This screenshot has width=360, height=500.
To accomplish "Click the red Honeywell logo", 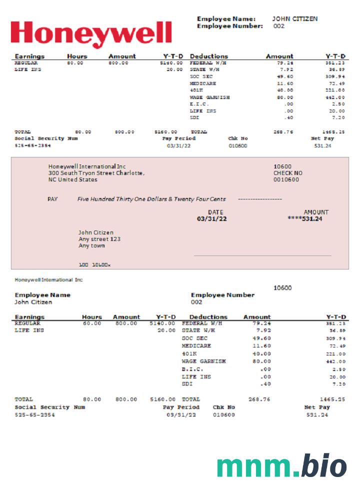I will (91, 33).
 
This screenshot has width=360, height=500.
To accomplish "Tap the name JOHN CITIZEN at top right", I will (294, 19).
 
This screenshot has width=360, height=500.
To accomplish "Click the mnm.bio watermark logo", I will (281, 466).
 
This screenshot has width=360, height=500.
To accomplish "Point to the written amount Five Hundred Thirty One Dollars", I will (151, 199).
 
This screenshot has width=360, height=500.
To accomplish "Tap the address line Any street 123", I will (99, 239).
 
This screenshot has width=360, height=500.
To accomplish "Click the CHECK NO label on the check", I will (287, 173).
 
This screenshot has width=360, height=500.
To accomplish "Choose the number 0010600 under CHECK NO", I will (286, 179).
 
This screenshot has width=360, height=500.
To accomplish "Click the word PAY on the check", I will (52, 199).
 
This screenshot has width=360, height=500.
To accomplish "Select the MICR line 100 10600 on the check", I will (94, 265).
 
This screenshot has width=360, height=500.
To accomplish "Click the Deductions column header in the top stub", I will (208, 56).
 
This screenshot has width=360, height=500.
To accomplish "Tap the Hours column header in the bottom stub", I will (91, 317).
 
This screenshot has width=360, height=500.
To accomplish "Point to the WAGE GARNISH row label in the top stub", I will (209, 97).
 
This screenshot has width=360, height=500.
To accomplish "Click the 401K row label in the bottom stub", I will (189, 353).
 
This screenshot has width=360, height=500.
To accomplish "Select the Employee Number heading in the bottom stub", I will (222, 295).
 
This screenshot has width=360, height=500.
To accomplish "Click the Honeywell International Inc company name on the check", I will (87, 166).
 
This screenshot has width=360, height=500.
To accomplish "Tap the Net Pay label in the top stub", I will (322, 138).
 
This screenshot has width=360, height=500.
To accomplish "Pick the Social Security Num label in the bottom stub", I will (50, 407).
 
